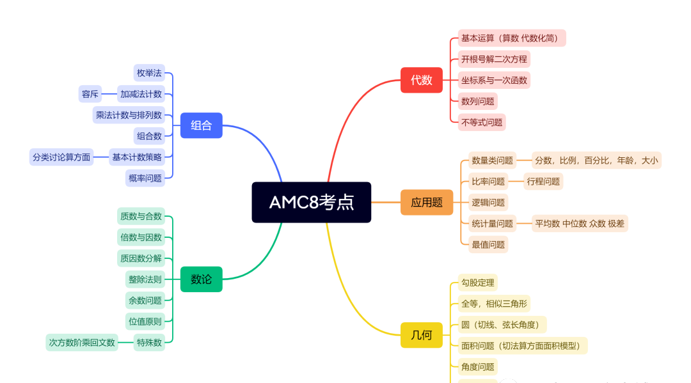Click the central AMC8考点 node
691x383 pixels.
312,202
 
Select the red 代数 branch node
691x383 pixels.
421,80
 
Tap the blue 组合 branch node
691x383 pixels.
201,125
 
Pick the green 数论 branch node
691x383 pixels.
201,279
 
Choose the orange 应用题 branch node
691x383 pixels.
427,202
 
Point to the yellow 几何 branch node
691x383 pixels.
421,335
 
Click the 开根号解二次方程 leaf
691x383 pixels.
494,59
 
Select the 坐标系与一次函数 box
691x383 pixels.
494,81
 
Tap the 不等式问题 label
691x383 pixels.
482,122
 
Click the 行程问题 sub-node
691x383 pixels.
543,182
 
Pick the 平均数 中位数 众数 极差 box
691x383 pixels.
580,223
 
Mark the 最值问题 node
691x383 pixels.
488,244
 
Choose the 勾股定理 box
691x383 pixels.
477,283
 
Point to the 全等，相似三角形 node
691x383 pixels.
495,304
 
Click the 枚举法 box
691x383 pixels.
149,72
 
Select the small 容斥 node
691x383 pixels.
90,95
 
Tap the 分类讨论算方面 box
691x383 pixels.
61,157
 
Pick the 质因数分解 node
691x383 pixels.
141,258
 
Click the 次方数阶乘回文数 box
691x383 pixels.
82,342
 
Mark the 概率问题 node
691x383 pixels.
145,178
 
